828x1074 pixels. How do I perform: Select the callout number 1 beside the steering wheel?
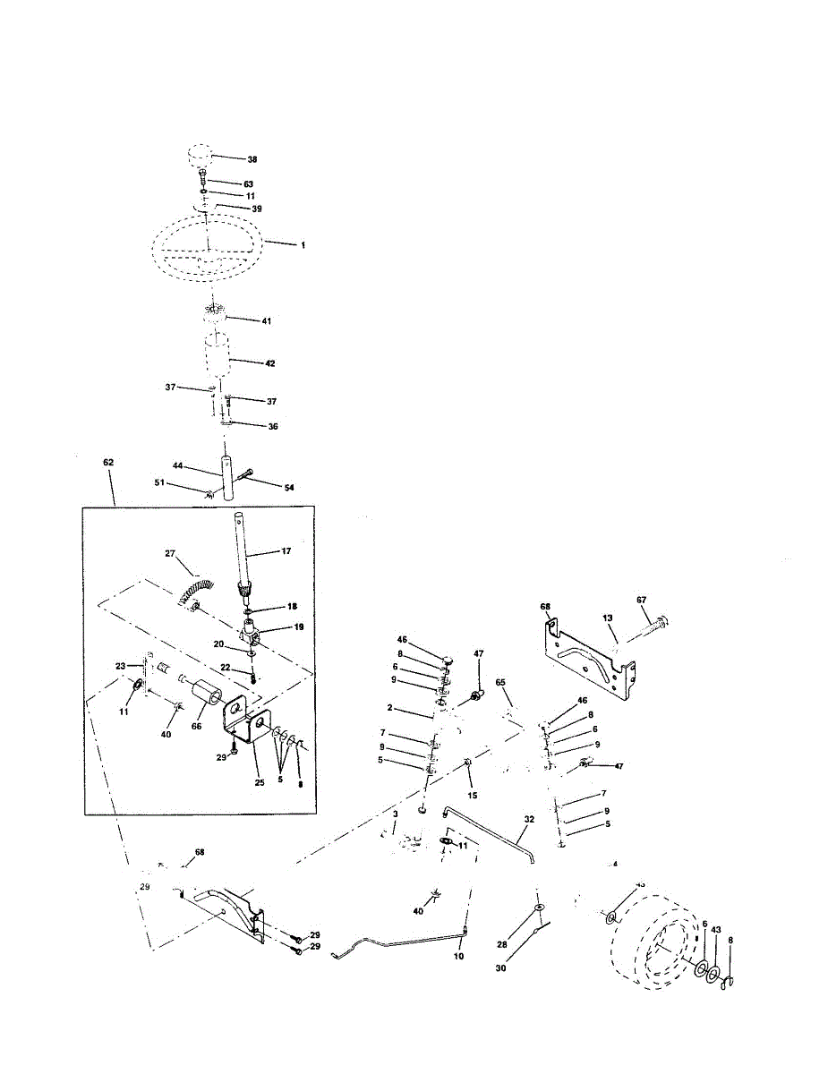tap(302, 244)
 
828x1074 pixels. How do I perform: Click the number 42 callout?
tap(269, 364)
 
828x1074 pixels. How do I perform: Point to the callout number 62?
tap(108, 462)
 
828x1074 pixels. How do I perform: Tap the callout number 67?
tap(641, 600)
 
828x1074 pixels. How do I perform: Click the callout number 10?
tap(459, 957)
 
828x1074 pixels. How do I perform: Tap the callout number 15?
tap(473, 794)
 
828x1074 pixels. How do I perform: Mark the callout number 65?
tap(501, 683)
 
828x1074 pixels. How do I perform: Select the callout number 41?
tap(267, 320)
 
